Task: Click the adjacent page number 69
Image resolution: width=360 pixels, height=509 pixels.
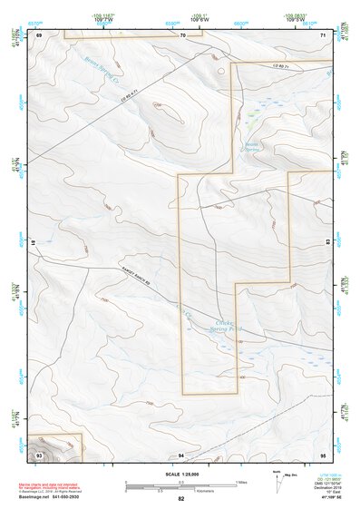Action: tap(40, 34)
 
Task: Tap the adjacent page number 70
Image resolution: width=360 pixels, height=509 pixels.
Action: tap(182, 34)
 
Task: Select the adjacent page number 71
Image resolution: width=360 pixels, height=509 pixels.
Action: tap(323, 34)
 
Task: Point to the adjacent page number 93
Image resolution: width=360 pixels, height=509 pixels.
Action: tap(40, 453)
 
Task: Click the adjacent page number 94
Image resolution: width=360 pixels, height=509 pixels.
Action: tap(181, 453)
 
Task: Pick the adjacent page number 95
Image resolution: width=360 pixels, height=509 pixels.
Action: tap(323, 453)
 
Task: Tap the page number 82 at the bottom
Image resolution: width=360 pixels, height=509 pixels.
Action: tap(181, 499)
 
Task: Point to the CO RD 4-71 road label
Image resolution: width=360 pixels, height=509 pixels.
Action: tap(133, 94)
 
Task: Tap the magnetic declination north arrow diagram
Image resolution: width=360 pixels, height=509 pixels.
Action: tap(277, 481)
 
